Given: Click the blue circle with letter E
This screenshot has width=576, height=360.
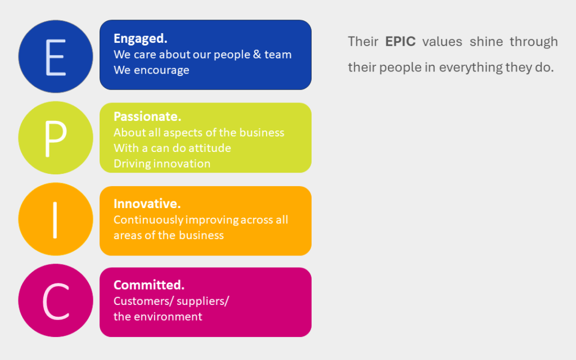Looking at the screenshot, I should [x=55, y=56].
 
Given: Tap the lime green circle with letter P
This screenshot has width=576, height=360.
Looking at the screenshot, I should [x=55, y=138].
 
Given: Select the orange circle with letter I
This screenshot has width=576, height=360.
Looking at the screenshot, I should [x=55, y=219].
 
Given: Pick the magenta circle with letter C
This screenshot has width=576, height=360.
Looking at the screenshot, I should [x=55, y=301].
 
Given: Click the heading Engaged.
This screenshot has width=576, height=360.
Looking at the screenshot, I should [x=141, y=38].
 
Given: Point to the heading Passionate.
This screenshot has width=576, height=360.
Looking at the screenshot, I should [x=147, y=116].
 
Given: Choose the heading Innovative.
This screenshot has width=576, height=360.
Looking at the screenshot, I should [x=147, y=204].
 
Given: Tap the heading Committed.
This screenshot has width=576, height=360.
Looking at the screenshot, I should [x=149, y=285].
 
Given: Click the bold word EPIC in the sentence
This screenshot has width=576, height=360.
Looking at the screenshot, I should [x=400, y=42].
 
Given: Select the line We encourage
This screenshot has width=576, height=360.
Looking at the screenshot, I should [x=151, y=70].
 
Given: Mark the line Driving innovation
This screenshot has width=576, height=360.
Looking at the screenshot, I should [x=162, y=164].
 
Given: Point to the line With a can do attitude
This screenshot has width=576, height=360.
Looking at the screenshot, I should [x=172, y=148].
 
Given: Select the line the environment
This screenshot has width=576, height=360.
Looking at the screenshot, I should [x=157, y=317].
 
